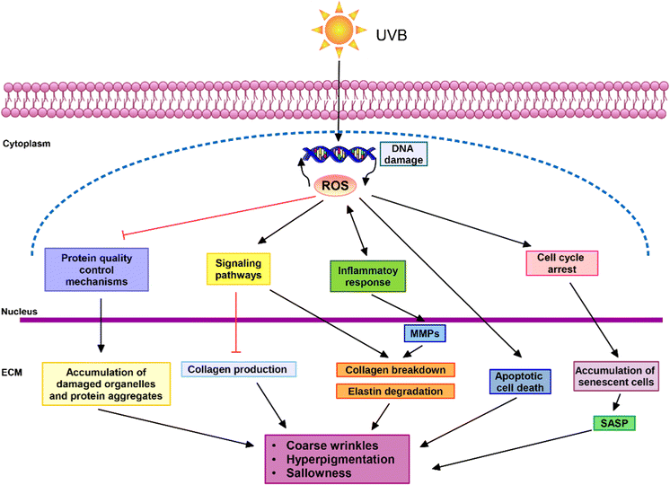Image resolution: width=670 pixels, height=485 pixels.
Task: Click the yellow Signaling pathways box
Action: click(239, 269)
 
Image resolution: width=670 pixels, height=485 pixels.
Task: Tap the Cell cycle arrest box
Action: click(560, 263)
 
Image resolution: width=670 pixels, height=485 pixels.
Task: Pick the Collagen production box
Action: click(238, 369)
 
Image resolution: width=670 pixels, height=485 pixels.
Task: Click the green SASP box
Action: click(617, 421)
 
